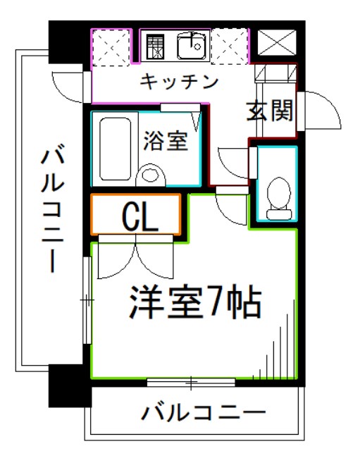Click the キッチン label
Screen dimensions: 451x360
[179, 81]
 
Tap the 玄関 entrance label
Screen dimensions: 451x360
[269, 111]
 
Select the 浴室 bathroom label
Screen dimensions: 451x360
[166, 140]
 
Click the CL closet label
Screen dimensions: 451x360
[139, 218]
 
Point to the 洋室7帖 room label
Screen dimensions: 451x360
[194, 303]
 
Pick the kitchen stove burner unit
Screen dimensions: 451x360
[154, 47]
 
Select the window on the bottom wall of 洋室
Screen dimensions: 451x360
[190, 383]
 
